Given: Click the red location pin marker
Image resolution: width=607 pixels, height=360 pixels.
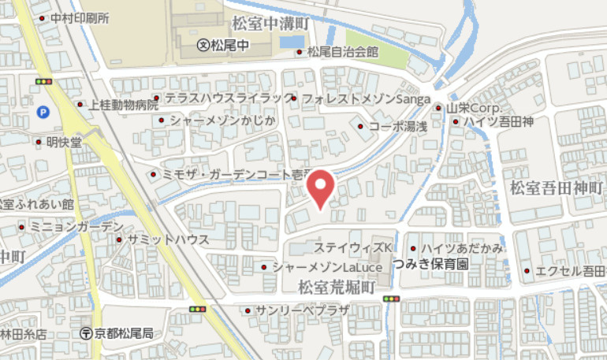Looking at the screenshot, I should tap(320, 190).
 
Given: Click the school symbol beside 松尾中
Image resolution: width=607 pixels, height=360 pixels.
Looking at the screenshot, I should tap(203, 45).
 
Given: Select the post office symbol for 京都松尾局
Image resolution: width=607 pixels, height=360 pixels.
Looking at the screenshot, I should tap(86, 332).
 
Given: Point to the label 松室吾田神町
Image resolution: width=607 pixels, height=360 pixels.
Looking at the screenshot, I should tap(556, 187).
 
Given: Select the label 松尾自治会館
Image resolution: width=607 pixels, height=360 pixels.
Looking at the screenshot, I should tap(343, 52).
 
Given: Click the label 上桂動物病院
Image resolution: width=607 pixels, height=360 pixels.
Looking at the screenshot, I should tap(124, 104).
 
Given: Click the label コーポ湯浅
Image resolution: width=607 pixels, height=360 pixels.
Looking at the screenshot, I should tap(397, 126).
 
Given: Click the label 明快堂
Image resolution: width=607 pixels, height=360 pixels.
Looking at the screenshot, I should tap(64, 143).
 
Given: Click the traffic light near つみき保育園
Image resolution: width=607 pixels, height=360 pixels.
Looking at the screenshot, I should tap(390, 299).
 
